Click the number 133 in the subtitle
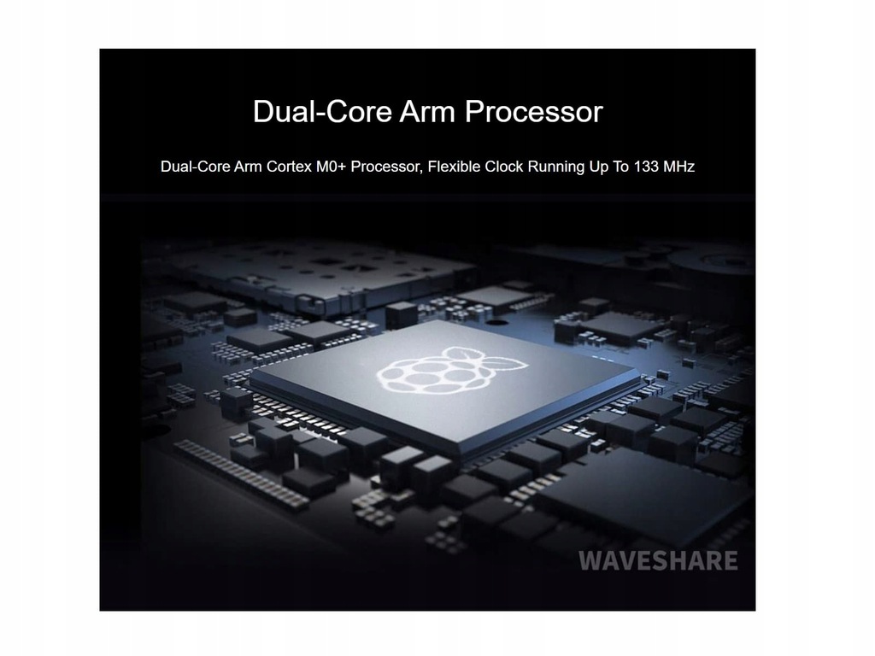[646, 167]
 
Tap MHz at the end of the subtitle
[678, 167]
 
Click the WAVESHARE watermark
[658, 561]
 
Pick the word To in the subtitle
[620, 167]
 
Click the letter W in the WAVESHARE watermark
[590, 561]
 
